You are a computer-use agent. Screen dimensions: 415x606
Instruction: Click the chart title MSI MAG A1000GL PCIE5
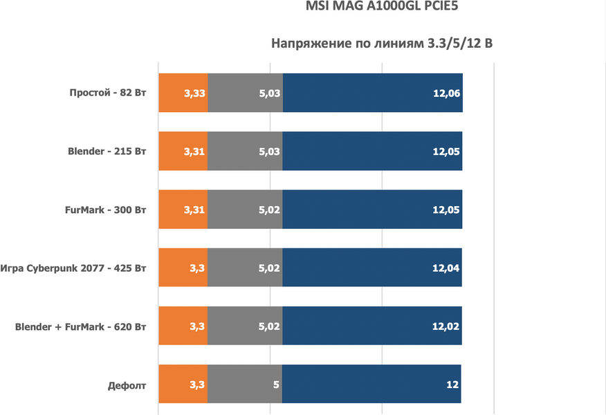[381, 8]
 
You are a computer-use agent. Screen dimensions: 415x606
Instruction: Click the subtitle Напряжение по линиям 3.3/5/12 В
[381, 44]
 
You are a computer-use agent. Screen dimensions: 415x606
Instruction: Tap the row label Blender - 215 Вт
[107, 151]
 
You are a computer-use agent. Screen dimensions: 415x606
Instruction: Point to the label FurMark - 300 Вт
[107, 209]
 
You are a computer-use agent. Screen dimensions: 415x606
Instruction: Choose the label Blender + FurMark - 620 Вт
[81, 325]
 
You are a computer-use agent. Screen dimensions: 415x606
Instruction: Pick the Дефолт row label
[127, 383]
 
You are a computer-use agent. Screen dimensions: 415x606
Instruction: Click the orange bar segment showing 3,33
[183, 93]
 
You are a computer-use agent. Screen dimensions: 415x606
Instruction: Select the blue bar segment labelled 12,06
[372, 93]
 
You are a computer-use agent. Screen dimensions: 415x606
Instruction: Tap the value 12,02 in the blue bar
[446, 325]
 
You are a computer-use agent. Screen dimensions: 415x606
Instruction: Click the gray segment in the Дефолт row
[244, 383]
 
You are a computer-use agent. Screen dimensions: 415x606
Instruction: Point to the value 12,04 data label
[446, 267]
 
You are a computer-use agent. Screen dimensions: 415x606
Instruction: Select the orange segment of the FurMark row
[183, 209]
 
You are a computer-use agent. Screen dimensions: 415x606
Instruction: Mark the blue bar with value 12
[371, 383]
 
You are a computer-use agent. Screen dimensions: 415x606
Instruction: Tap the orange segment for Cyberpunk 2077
[183, 267]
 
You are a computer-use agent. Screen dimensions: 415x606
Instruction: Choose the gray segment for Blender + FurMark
[245, 325]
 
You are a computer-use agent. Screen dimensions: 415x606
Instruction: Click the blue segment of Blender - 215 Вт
[372, 151]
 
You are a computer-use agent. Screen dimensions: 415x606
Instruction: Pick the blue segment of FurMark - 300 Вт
[372, 209]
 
